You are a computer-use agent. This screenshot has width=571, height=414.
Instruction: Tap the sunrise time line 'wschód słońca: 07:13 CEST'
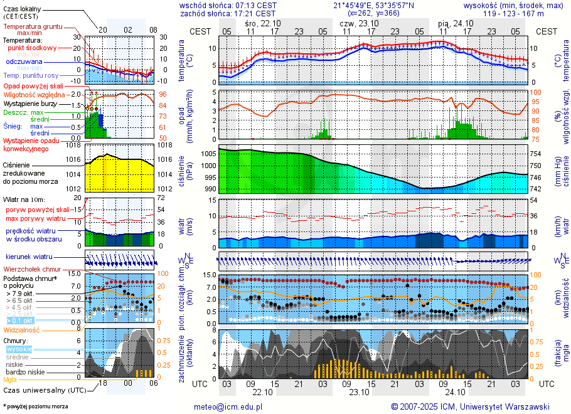tap(227, 5)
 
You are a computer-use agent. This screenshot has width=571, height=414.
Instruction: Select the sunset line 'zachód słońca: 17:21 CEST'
tap(227, 13)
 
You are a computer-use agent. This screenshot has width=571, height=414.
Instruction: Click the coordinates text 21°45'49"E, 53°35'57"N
tap(373, 5)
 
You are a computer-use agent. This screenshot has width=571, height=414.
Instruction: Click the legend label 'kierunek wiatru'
tap(29, 257)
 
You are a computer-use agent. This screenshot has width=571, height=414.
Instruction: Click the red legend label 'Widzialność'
tap(21, 329)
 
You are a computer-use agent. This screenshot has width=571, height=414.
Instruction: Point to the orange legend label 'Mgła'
tap(10, 379)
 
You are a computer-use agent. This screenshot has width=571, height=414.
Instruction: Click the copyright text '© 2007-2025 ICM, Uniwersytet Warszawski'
tap(470, 406)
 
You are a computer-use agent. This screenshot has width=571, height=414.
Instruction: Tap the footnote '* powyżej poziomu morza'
tap(35, 406)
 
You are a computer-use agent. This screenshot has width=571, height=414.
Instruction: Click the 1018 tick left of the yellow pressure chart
tap(74, 145)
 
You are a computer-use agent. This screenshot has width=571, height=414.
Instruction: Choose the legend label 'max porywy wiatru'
tap(36, 218)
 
